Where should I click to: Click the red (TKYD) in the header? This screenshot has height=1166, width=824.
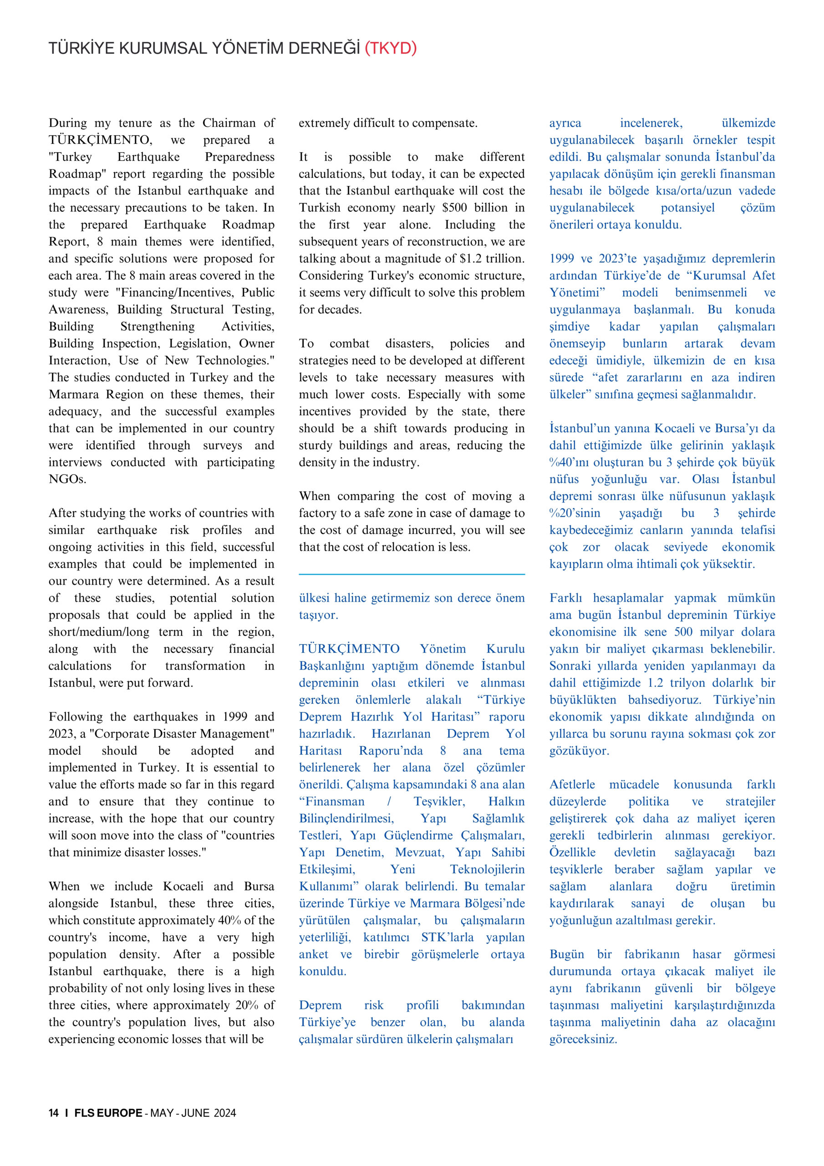391,48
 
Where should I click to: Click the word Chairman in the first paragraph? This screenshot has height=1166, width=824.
229,123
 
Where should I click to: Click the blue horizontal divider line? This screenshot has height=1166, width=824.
412,574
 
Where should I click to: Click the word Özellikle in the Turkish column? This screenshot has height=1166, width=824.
572,853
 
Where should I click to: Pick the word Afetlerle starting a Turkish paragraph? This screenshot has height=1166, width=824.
572,785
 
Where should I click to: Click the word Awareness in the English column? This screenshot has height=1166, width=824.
78,310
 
